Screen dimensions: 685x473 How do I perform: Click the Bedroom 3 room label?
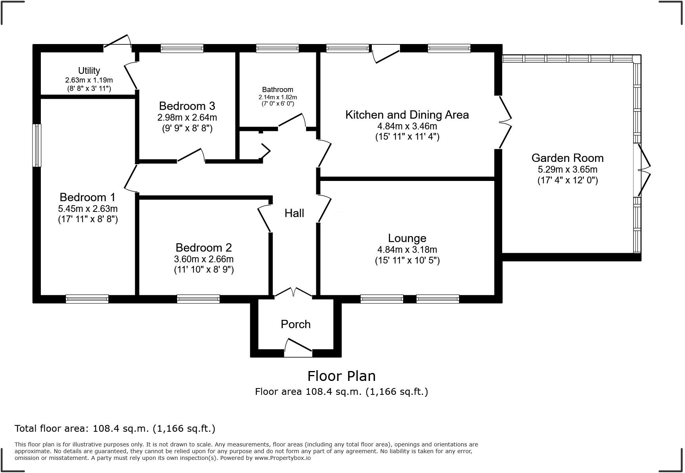click(x=187, y=106)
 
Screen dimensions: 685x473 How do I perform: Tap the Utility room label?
click(x=89, y=71)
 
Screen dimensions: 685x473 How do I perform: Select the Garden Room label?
click(x=567, y=158)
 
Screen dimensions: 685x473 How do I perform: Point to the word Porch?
click(x=295, y=324)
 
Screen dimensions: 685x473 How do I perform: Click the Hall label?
click(x=294, y=213)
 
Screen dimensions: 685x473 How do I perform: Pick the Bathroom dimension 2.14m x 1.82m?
click(x=277, y=97)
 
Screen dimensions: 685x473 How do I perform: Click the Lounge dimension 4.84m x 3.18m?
click(x=407, y=250)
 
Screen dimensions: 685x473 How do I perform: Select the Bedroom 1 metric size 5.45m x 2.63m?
click(x=88, y=209)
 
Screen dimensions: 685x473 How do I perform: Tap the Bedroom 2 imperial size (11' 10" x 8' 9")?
click(x=204, y=270)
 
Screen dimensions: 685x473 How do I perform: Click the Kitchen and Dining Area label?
click(x=407, y=115)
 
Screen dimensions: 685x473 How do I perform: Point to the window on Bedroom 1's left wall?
click(x=36, y=145)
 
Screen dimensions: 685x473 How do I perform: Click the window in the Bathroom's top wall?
click(x=277, y=48)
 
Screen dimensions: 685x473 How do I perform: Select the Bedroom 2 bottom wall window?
click(x=198, y=299)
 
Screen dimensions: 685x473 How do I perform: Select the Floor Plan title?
click(x=341, y=376)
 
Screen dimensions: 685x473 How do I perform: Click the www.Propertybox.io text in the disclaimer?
click(x=282, y=458)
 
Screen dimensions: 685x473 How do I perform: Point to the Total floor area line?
click(x=115, y=429)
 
